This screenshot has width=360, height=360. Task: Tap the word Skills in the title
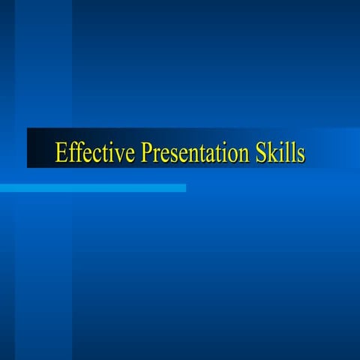click(x=279, y=152)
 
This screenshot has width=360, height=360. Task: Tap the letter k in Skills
click(x=272, y=152)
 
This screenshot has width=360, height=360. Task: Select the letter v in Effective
click(x=118, y=154)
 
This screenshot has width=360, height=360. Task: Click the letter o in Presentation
click(x=228, y=154)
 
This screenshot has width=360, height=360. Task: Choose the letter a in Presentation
click(x=205, y=154)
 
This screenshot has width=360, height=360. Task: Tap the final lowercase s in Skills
click(x=300, y=154)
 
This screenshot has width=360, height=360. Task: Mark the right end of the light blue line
click(x=184, y=187)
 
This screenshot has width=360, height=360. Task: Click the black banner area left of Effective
click(x=40, y=148)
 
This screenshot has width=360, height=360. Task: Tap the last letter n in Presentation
click(x=240, y=154)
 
